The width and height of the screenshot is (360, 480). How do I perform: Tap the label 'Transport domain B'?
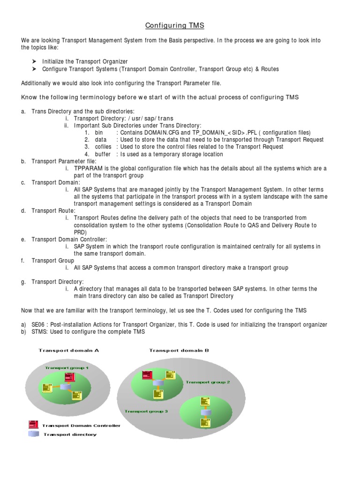[179, 350]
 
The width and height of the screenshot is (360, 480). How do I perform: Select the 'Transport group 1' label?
[67, 368]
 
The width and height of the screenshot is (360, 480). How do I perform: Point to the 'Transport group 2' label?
[208, 382]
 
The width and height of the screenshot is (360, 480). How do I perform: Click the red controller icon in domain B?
[147, 375]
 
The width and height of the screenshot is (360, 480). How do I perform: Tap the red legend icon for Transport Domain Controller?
[33, 425]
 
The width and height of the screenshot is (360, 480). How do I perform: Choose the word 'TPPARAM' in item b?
[88, 168]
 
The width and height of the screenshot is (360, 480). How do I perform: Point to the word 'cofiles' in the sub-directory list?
[103, 147]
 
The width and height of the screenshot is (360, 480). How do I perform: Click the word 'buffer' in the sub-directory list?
[102, 154]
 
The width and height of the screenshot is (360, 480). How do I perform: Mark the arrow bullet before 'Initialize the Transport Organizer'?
[35, 61]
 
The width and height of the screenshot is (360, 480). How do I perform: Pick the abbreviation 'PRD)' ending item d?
[81, 232]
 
